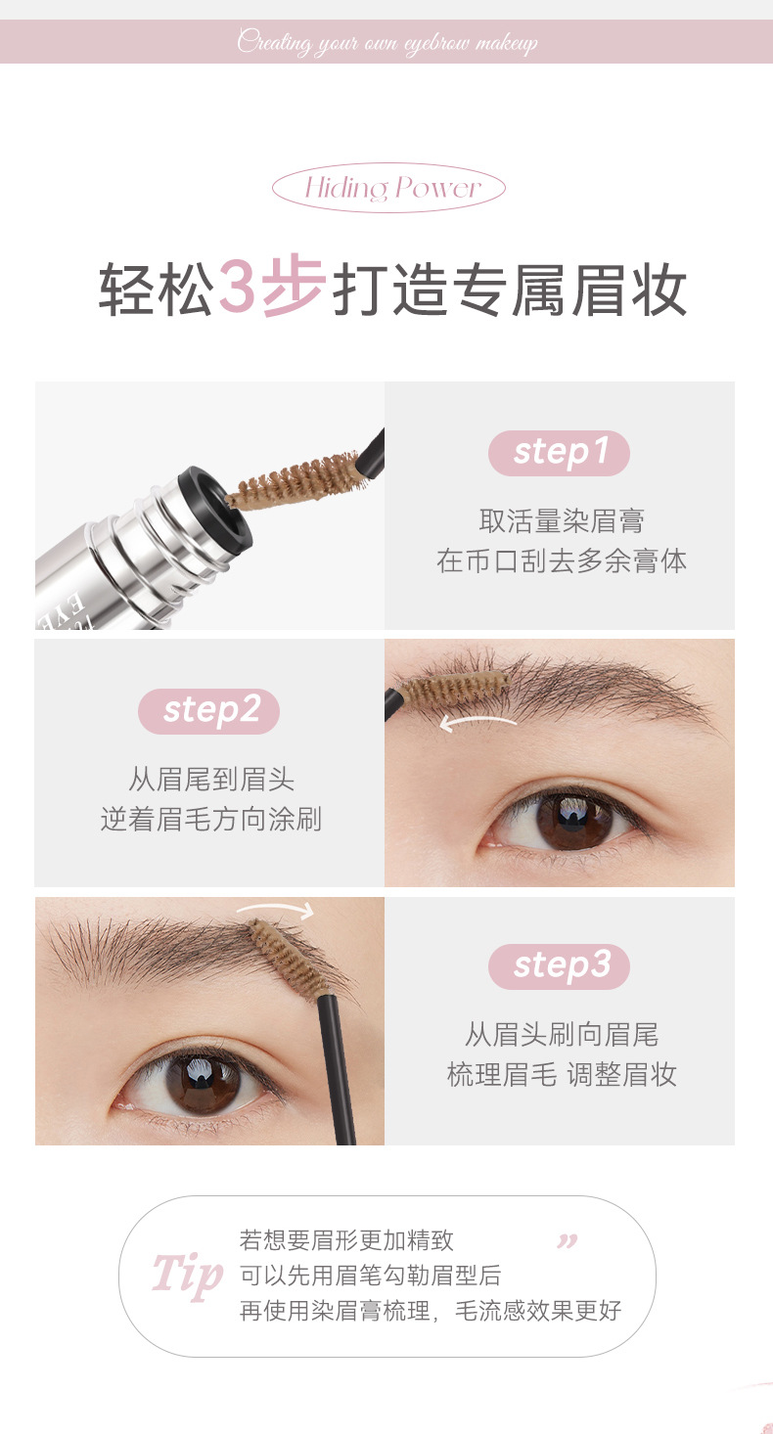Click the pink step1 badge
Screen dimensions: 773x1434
coord(559,453)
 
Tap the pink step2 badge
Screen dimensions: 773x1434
coord(208,710)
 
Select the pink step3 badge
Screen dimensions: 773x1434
coord(559,966)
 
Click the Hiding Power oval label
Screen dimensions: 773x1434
coord(388,188)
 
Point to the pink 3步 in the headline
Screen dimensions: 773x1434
coord(272,287)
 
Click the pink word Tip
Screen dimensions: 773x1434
coord(187,1274)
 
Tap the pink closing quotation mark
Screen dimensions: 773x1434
coord(567,1241)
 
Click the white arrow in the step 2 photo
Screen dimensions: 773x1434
coord(477,722)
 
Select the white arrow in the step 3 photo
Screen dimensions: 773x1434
coord(275,908)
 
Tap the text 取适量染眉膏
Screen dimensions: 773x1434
coord(562,520)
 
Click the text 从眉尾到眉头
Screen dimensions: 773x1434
coord(210,779)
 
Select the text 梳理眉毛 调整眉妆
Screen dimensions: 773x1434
coord(562,1074)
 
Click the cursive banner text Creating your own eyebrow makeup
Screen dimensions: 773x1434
coord(386,42)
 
